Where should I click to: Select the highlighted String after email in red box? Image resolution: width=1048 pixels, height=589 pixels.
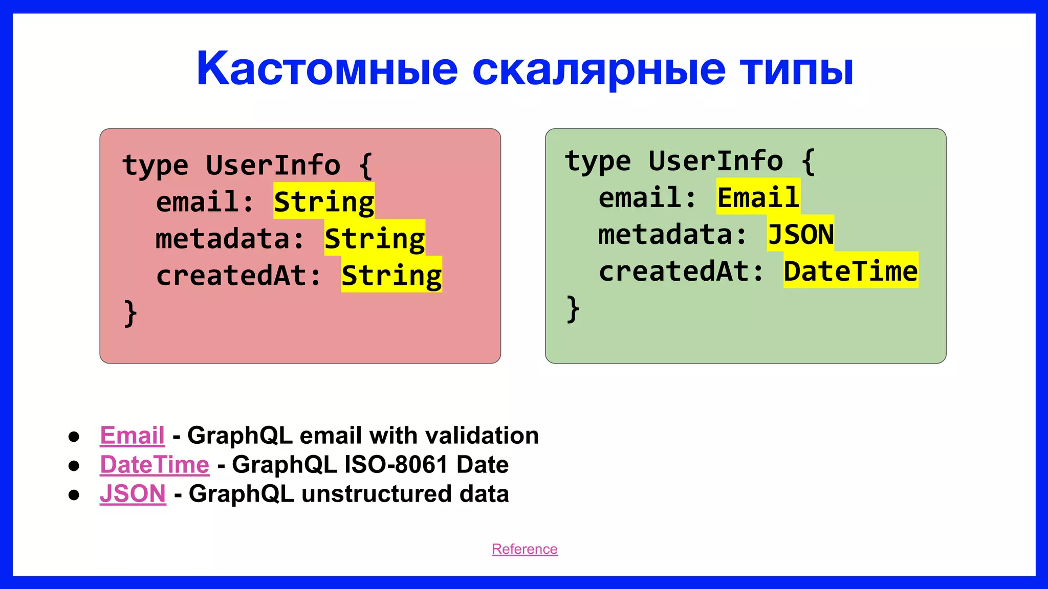point(323,201)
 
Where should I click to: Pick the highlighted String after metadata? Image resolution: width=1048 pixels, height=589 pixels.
point(375,238)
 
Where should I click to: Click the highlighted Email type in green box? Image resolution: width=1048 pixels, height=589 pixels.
point(758,197)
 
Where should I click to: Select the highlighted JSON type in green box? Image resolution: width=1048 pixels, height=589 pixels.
point(800,234)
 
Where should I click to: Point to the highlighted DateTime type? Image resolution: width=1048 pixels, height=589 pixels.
point(850,271)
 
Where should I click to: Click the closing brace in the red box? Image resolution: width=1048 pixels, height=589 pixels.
point(130,313)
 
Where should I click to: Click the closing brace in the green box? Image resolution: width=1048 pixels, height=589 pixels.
point(573,309)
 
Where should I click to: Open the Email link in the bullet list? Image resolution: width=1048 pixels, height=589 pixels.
point(132,436)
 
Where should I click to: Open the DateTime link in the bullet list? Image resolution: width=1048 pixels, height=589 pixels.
point(155,465)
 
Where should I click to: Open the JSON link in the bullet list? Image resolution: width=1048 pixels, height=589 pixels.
point(133,494)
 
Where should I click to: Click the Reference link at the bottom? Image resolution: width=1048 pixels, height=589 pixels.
point(525,549)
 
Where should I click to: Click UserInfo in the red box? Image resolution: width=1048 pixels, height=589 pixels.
point(273,165)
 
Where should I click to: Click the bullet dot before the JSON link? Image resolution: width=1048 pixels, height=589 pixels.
point(74,495)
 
